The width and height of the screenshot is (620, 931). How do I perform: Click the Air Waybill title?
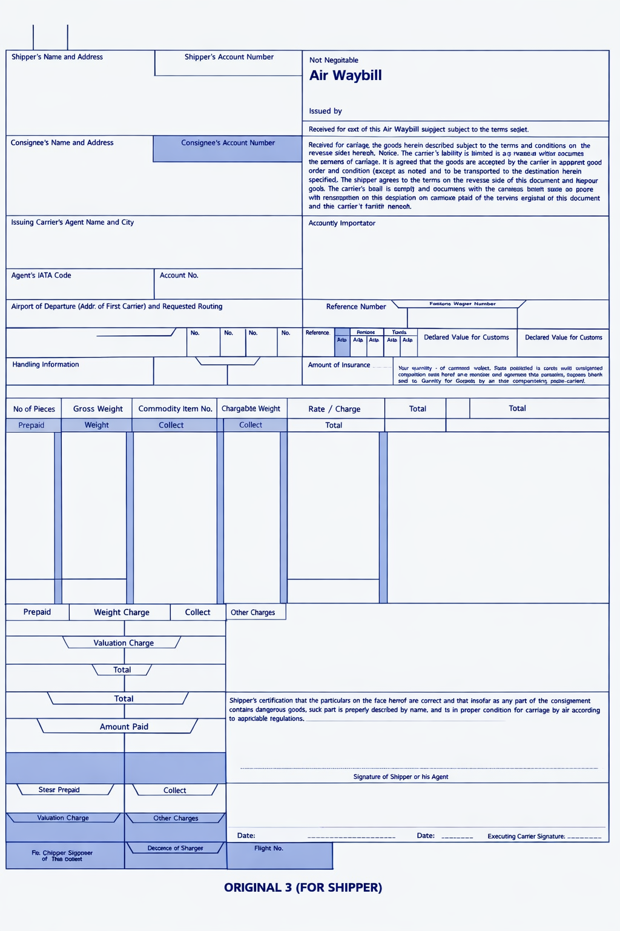point(345,76)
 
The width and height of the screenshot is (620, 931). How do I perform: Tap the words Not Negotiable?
point(334,60)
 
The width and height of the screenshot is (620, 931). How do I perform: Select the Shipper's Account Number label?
point(229,57)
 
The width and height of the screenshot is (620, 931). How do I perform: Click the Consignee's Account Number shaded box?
point(228,149)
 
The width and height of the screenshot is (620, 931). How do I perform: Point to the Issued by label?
point(325,111)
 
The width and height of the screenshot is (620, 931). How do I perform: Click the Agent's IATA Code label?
point(41,275)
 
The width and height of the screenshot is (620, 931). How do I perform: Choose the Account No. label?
point(179,275)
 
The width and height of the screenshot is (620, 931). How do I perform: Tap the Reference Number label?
point(355,307)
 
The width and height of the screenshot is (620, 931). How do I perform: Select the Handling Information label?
point(45,364)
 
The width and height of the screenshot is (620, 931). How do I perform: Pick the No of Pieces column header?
point(34,409)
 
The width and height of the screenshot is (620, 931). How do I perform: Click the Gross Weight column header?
point(97,409)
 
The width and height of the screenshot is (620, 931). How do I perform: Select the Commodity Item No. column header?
point(175,409)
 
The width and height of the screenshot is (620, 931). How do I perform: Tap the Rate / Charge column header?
point(334,409)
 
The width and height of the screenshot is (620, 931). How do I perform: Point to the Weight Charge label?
point(121,612)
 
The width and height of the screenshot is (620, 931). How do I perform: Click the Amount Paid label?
point(124,727)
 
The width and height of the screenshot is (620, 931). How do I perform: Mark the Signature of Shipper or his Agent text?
point(400,776)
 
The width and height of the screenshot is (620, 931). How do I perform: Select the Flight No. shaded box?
point(280,855)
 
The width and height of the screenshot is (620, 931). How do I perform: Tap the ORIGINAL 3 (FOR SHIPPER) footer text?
point(303,887)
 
